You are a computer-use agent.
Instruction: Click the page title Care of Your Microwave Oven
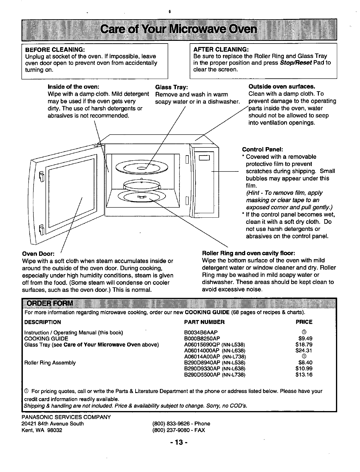pos(179,30)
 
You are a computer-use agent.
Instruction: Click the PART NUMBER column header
pos(204,322)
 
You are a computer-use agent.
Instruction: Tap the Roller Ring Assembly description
pos(50,362)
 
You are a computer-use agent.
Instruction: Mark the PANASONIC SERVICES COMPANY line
pos(66,417)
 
